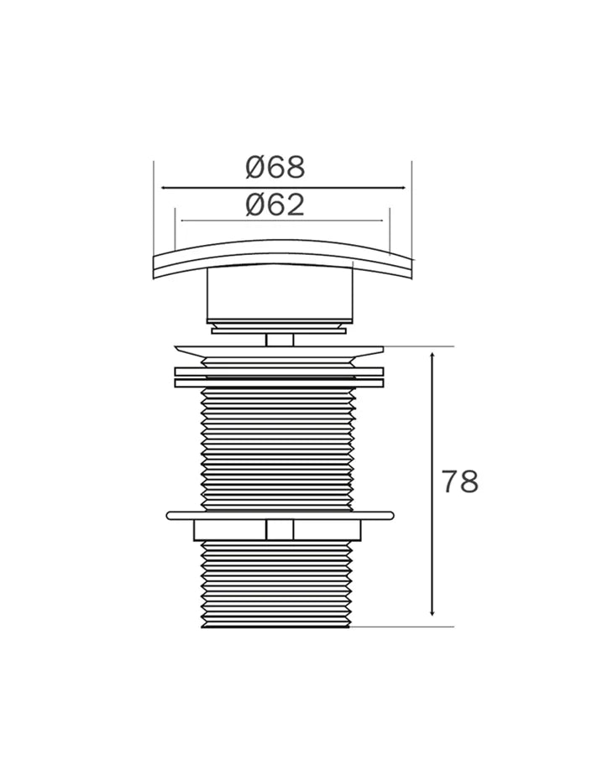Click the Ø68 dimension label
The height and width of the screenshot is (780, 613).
coord(275,167)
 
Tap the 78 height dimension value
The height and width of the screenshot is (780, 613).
coord(460,481)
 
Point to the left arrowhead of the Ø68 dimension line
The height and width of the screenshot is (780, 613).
coord(165,188)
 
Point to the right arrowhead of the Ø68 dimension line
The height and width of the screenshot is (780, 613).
coord(402,188)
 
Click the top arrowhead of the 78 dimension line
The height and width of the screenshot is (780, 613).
coord(432,355)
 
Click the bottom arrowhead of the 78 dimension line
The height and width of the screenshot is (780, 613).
coord(432,612)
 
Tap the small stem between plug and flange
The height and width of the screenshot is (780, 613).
coord(280,341)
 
